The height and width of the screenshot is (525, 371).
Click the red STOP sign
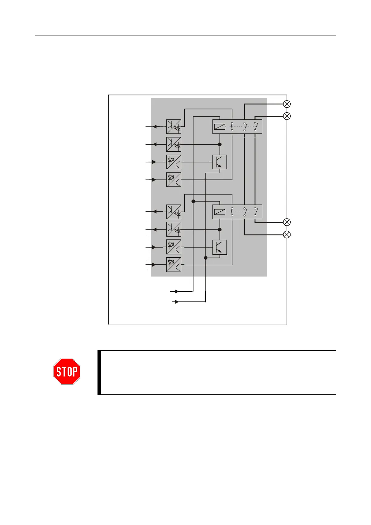coord(67,371)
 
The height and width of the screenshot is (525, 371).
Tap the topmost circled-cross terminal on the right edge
coord(287,104)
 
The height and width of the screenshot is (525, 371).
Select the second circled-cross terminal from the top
coord(287,116)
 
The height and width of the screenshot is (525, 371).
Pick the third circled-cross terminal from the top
coord(287,222)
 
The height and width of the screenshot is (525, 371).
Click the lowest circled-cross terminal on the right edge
coord(287,234)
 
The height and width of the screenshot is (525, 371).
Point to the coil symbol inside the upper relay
coord(220,127)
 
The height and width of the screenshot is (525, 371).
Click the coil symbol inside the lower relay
coord(220,212)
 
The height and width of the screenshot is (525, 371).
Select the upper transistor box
coord(220,162)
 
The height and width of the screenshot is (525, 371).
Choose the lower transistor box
coord(220,247)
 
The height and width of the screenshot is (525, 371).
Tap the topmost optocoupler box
coord(174,127)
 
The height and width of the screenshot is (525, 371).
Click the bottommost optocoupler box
coord(174,265)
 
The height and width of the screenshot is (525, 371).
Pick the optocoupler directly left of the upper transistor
coord(174,162)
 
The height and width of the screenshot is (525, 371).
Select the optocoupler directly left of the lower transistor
coord(174,247)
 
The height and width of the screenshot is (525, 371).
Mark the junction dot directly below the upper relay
coord(220,144)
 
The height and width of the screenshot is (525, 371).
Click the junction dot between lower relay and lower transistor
coord(220,229)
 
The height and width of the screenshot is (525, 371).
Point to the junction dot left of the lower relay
coord(193,201)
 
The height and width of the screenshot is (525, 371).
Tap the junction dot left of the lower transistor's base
coord(206,258)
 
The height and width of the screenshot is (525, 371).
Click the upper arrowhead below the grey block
coord(177,291)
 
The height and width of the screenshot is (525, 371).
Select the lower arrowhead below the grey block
coord(177,302)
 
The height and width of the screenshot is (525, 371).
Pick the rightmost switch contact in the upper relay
coord(255,127)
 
